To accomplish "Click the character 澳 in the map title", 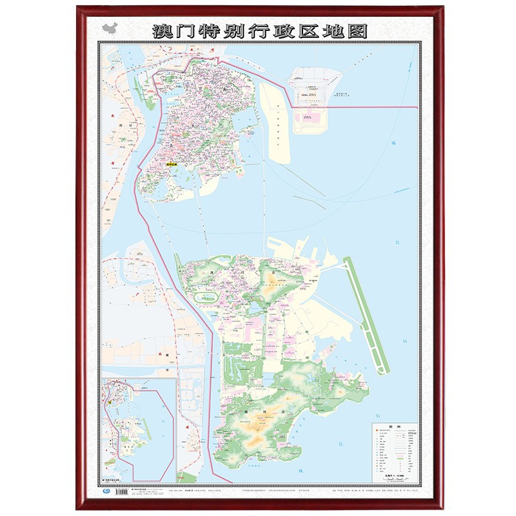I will click(x=160, y=30).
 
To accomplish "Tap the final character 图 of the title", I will click(x=357, y=30).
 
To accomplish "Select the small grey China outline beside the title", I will click(x=110, y=29).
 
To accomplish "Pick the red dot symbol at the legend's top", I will click(x=375, y=433).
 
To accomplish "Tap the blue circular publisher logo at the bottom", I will click(x=106, y=493).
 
